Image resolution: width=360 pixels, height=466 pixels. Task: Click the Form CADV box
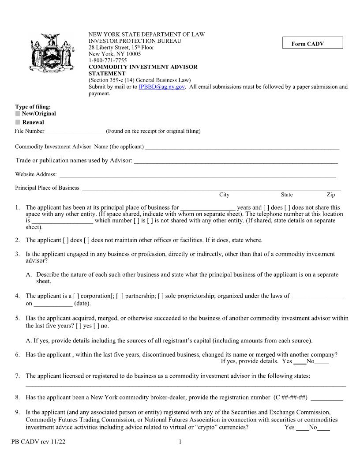pos(313,43)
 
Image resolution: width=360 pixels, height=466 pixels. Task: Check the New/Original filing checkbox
pos(18,114)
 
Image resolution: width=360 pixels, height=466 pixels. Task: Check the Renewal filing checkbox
pos(18,122)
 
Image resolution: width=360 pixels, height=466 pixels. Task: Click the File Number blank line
pos(75,132)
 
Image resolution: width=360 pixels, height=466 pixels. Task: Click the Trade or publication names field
pos(236,161)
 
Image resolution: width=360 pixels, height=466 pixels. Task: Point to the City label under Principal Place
pos(224,195)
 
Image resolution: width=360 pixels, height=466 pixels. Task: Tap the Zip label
pos(330,195)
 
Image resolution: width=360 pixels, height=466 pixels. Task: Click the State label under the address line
pos(286,195)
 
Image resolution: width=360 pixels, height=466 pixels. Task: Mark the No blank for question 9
pos(323,428)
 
